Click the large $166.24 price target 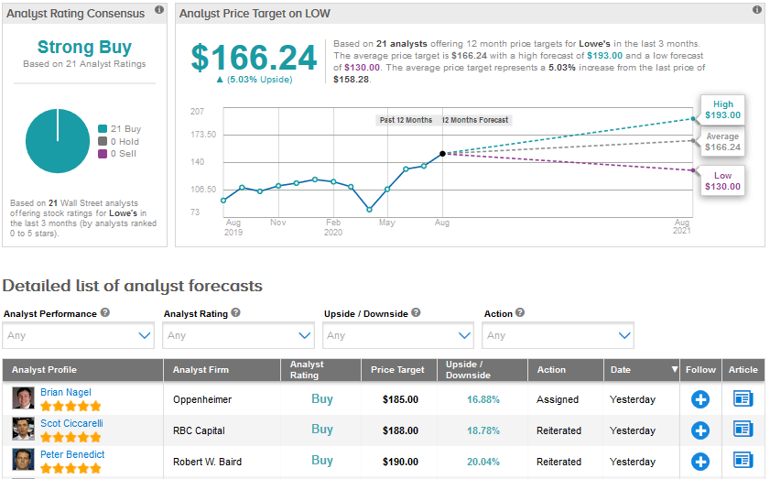254,58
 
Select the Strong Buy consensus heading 84,47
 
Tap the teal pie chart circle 57,141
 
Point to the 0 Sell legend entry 119,154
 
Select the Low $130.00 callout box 722,180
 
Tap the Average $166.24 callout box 722,142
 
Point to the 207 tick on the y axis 197,111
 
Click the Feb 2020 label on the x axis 334,227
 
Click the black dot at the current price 442,154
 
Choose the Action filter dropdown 559,335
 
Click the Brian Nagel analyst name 65,392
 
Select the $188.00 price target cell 400,430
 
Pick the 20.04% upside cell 484,462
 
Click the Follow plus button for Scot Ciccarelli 700,430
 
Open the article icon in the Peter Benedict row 743,461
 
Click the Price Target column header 397,370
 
